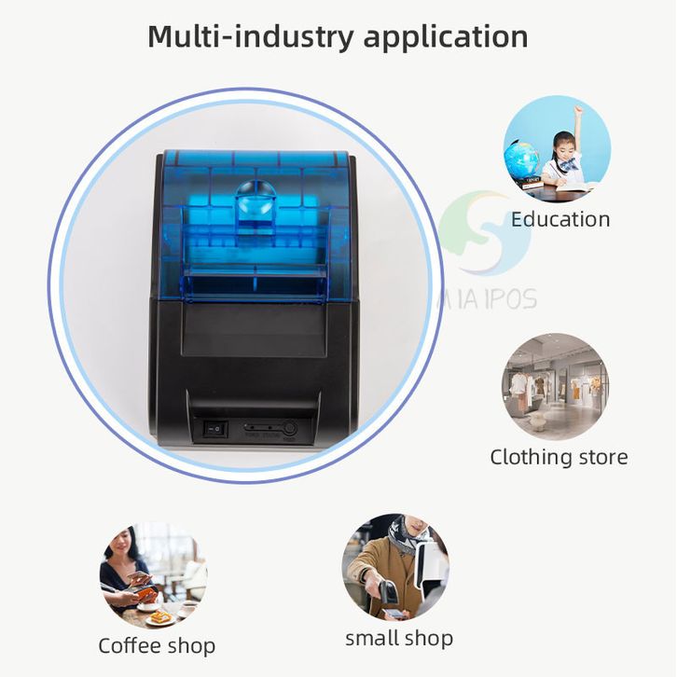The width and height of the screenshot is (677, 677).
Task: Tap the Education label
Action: coord(560,220)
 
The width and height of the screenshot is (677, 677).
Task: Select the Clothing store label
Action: coord(559,457)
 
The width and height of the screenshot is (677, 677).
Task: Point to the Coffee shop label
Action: coord(157,645)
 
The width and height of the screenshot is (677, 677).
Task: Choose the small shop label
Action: coord(398,639)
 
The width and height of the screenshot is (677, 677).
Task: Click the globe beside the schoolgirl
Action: coord(521,159)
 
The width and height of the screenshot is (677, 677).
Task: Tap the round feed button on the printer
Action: coord(289,428)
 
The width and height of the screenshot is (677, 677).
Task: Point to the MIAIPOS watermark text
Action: coord(487,298)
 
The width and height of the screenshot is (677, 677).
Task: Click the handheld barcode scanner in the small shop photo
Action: coord(390,593)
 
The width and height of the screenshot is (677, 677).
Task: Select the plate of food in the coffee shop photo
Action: coord(159,616)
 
